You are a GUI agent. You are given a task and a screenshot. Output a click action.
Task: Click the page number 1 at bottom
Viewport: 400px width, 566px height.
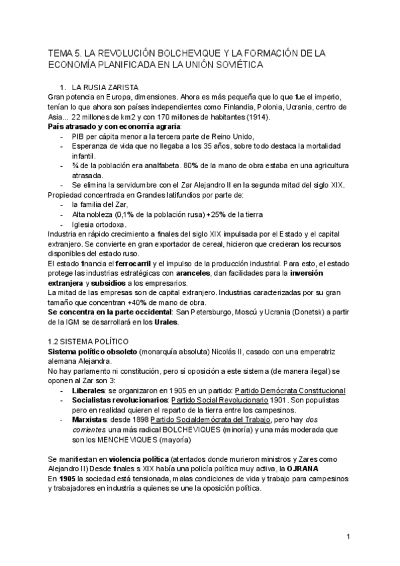point(349,537)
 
